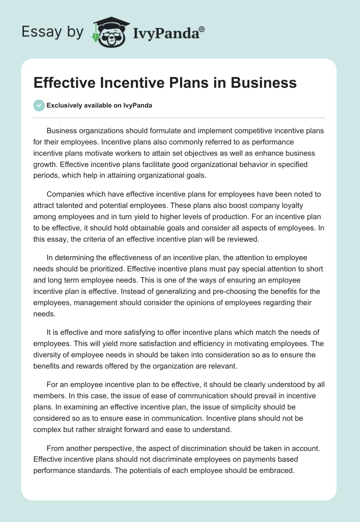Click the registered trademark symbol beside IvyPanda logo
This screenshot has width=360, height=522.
click(202, 29)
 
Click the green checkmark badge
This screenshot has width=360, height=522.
click(38, 105)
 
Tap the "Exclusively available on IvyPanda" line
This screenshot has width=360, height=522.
click(99, 106)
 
